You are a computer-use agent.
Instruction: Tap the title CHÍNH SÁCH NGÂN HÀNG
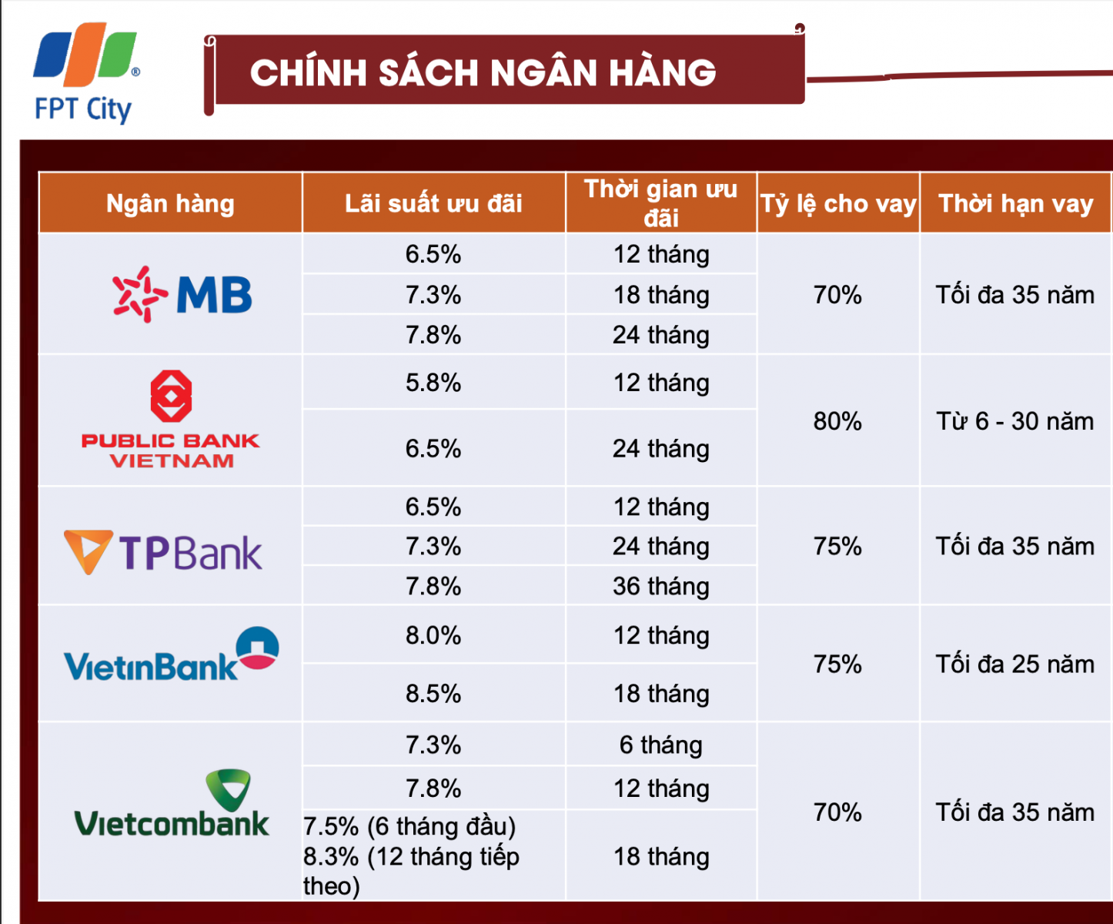coord(483,72)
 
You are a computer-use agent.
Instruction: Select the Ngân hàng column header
coord(170,203)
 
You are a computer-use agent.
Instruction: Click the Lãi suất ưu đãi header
coord(433,203)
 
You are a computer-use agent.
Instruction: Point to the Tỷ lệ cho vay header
coord(838,203)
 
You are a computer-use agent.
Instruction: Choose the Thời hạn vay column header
coord(1015,203)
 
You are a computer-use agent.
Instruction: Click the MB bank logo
coord(182,294)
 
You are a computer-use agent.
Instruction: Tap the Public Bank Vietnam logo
coord(171,420)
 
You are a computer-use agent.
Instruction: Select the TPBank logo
coord(163,551)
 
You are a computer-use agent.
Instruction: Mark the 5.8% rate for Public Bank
coord(433,383)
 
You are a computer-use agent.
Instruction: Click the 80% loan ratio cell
coord(837,421)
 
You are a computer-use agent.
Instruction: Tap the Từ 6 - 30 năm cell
coord(1014,421)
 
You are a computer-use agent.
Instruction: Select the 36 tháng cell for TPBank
coord(661,586)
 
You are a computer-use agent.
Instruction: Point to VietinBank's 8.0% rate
coord(433,635)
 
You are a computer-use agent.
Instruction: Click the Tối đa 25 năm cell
coord(1014,664)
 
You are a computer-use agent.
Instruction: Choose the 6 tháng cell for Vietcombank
coord(661,745)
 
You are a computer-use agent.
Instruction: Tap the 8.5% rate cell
coord(433,693)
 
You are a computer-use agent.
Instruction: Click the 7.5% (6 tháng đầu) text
coord(409,826)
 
